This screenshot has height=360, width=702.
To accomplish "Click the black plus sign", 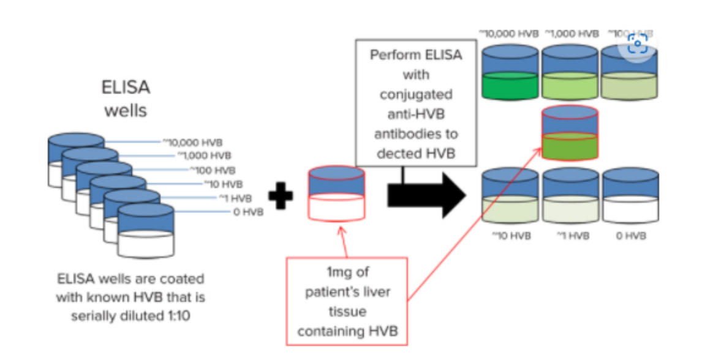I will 281,196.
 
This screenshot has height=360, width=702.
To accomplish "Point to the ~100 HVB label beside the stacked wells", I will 212,170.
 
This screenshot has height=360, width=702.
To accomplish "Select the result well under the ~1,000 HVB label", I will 570,73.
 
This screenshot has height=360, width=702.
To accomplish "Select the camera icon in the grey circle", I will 638,44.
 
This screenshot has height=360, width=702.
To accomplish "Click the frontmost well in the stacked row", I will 146,231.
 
